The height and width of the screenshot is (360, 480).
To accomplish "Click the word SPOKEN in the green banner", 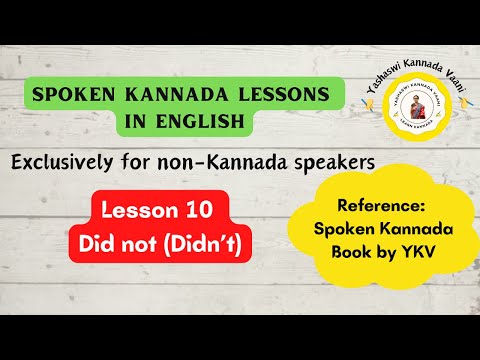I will (x=69, y=94).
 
